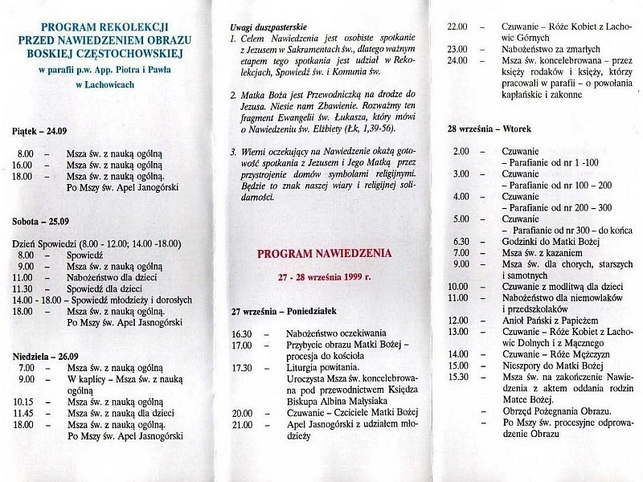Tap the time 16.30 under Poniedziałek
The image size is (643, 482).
242,333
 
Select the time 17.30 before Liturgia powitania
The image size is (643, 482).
242,368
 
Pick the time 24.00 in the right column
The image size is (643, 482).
458,60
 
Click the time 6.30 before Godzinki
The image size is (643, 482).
461,241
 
